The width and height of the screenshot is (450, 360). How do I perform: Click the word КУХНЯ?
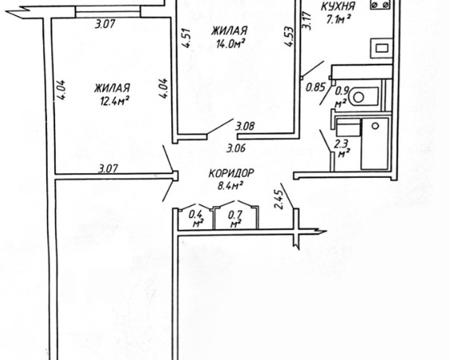(x=337, y=6)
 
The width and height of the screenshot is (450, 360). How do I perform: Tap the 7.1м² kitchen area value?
(x=338, y=19)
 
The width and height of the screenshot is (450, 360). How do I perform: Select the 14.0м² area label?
(x=231, y=44)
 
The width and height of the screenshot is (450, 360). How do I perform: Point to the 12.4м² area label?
(x=113, y=101)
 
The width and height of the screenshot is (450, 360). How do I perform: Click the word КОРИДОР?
(x=231, y=173)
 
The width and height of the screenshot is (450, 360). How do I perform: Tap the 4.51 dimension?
(x=186, y=38)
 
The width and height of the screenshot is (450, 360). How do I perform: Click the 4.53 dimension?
(x=289, y=37)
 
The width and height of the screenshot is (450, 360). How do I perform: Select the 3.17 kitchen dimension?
(x=307, y=20)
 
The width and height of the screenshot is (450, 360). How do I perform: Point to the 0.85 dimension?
(x=315, y=87)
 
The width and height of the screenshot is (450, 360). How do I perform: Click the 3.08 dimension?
(x=245, y=126)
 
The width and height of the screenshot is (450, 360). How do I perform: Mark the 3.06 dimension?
(x=236, y=148)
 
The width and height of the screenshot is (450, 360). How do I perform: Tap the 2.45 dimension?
(x=279, y=200)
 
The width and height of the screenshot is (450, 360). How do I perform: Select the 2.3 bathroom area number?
(x=341, y=143)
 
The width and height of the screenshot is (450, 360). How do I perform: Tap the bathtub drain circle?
(x=375, y=126)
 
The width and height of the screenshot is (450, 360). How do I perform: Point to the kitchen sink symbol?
(x=381, y=48)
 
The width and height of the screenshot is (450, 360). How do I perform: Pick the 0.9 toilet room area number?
(x=342, y=91)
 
